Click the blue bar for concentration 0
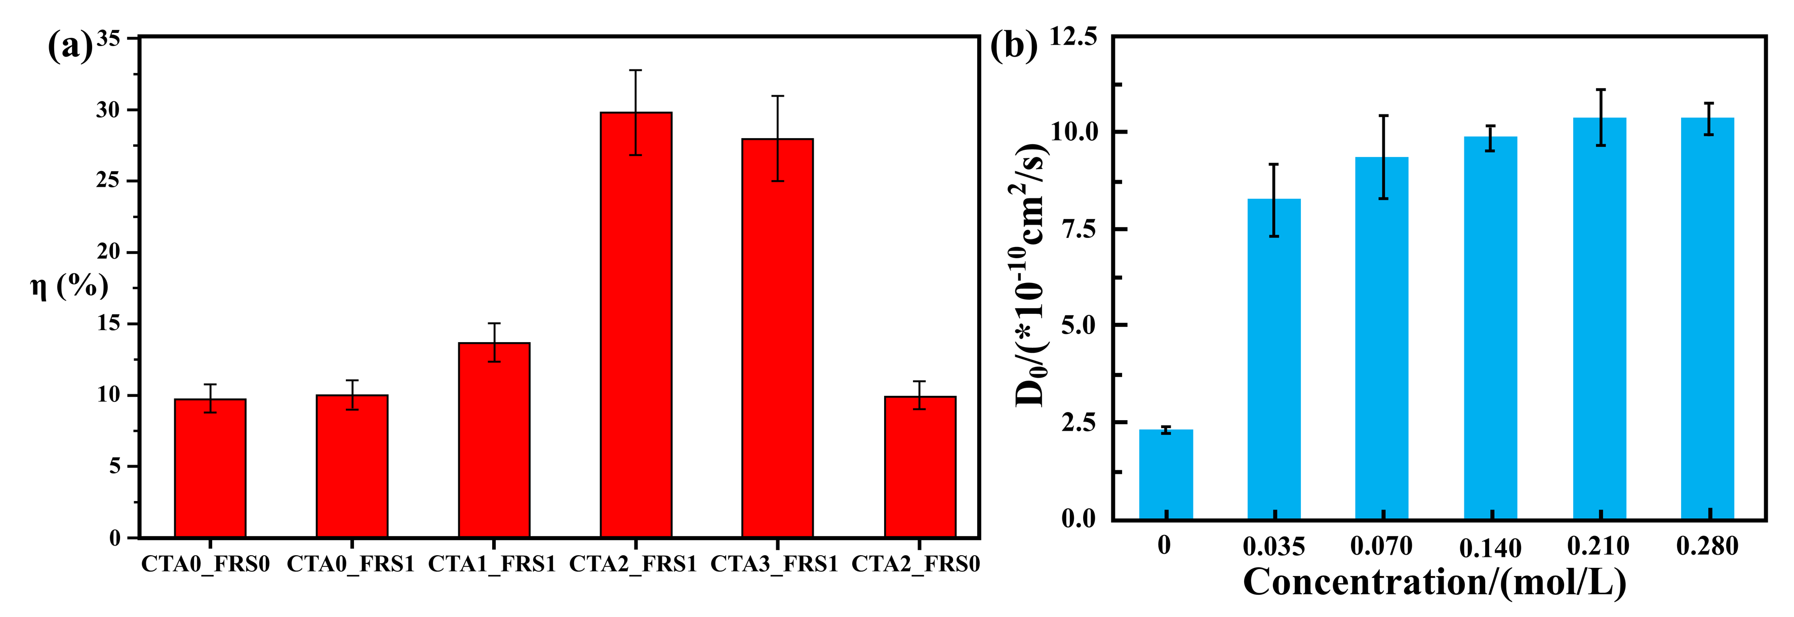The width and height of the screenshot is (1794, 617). [1166, 474]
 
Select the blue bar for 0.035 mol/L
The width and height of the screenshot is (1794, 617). [1274, 359]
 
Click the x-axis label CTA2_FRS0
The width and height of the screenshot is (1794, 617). [915, 564]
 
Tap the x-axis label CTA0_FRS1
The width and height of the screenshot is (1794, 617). [350, 564]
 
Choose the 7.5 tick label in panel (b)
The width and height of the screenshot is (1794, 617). [1079, 230]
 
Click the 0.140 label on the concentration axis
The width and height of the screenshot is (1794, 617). [1490, 549]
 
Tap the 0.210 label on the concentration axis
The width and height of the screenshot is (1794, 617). [1599, 546]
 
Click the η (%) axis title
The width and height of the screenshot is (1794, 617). [70, 285]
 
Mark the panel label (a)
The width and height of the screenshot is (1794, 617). [70, 48]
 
